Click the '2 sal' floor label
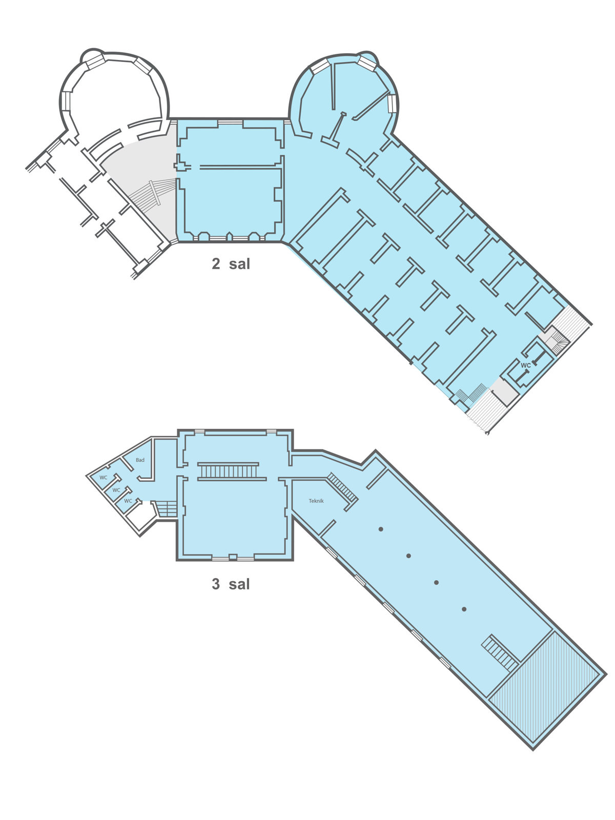231,264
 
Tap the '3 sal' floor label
231,584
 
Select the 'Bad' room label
140,460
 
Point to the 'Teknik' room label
316,501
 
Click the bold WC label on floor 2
525,365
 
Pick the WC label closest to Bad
104,478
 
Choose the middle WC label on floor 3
116,490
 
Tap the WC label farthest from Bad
128,501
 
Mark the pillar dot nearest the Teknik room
381,529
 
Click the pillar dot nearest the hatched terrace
464,609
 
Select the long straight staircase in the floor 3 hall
228,471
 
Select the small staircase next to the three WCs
166,509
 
